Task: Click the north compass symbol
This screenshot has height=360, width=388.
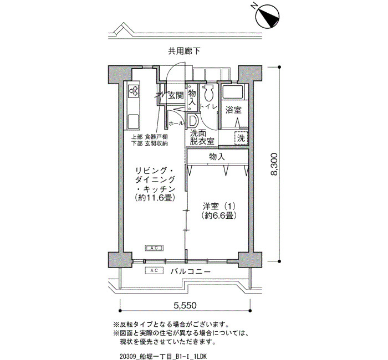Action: [268, 16]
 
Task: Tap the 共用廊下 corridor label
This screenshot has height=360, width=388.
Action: [184, 51]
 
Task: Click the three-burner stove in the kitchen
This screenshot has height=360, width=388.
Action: [134, 90]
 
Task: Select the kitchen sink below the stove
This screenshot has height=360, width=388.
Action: [134, 121]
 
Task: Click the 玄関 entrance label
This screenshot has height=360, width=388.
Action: [176, 95]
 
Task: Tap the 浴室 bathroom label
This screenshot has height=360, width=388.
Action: [233, 110]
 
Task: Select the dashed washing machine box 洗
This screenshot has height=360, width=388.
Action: [241, 138]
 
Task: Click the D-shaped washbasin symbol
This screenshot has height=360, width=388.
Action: [193, 120]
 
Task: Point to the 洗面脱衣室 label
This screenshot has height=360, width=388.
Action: [202, 137]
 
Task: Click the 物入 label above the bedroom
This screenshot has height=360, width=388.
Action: [217, 157]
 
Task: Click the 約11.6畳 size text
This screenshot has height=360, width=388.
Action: [155, 198]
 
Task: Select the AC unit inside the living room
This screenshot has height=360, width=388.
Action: [155, 248]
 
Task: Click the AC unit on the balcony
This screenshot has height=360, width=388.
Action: [155, 270]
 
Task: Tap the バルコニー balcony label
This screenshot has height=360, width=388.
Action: [190, 271]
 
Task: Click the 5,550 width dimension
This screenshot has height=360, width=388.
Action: [185, 305]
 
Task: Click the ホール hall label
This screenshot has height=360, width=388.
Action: [176, 123]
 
